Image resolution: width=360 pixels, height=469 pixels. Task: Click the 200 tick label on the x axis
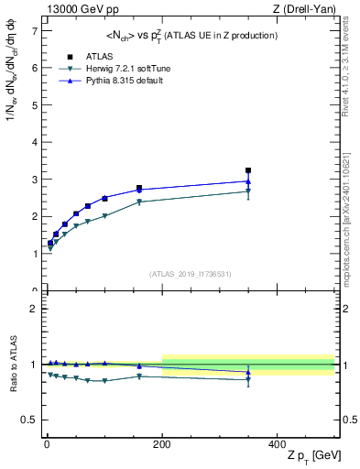tap(162, 443)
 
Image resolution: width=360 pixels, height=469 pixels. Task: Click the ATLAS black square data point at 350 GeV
tap(248, 170)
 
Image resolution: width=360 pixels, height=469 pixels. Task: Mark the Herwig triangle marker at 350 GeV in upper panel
tap(248, 191)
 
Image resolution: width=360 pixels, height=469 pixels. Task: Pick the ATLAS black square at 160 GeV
tap(139, 188)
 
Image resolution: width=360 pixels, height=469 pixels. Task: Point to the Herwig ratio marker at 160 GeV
tap(139, 376)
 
